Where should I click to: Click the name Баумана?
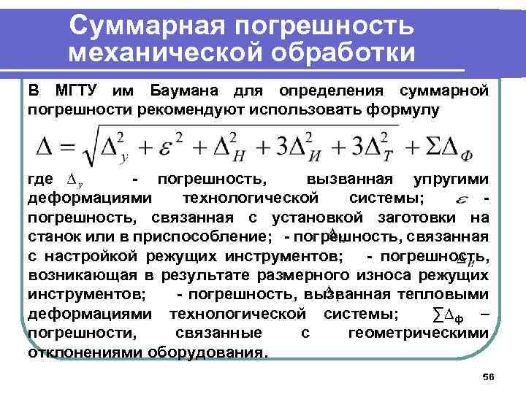(186, 91)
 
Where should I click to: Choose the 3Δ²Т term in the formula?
(368, 146)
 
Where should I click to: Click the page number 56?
(489, 376)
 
